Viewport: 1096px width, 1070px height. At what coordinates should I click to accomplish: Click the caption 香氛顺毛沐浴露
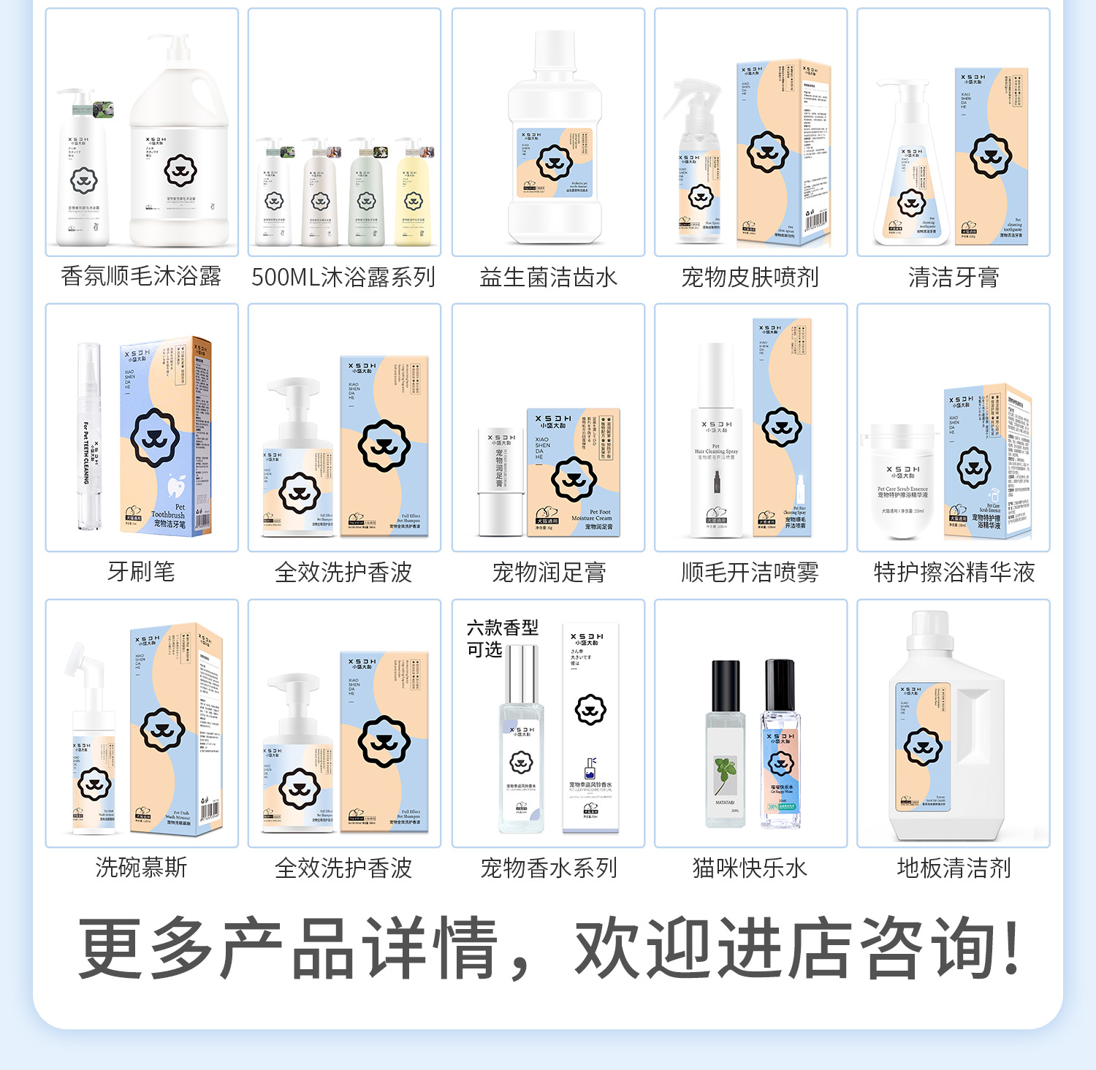click(141, 277)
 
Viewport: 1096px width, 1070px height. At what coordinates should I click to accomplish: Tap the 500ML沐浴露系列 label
click(343, 277)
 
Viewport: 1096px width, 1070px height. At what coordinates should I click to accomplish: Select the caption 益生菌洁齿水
click(548, 277)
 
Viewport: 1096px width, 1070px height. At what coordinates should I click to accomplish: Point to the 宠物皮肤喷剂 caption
click(750, 277)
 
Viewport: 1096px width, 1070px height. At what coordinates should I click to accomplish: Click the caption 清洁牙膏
click(954, 277)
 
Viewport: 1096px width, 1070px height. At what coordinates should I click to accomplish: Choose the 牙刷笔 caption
click(141, 572)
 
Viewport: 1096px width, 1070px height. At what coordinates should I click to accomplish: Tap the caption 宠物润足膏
click(548, 572)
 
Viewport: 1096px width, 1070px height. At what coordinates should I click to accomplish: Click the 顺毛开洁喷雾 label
click(750, 572)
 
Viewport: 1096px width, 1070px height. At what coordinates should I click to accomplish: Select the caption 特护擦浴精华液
click(954, 572)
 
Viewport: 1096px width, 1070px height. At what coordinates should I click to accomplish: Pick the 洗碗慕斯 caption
click(141, 868)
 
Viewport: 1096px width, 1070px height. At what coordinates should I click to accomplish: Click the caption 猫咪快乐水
click(750, 868)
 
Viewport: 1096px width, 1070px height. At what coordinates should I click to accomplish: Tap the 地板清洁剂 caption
click(954, 868)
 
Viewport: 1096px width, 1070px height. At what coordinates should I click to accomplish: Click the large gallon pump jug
click(179, 153)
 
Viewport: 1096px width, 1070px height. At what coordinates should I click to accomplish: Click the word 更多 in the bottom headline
click(146, 947)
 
